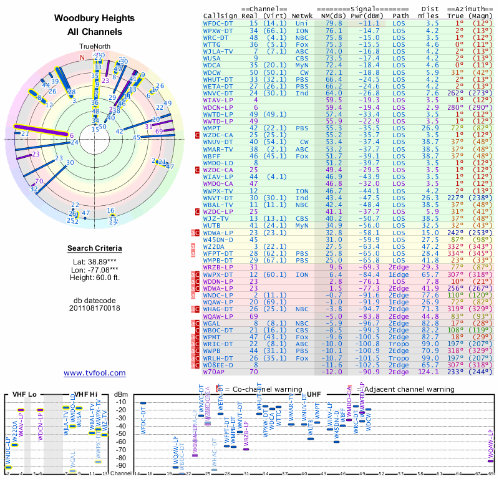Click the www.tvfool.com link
[95, 373]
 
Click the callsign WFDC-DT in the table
[218, 23]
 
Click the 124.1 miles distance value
[427, 372]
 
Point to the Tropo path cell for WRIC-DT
[401, 344]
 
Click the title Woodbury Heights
[94, 19]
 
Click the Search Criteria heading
[94, 249]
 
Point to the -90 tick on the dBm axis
[121, 465]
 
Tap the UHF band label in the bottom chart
[314, 394]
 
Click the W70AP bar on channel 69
[490, 461]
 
